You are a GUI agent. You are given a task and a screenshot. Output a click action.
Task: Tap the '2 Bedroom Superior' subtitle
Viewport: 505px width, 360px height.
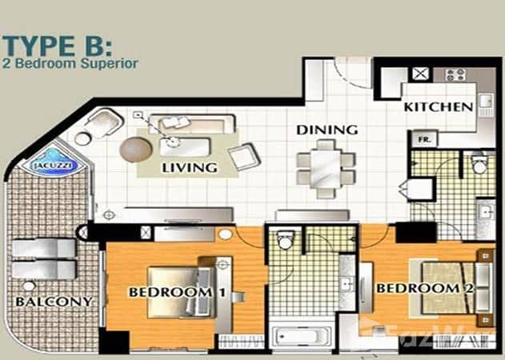pyautogui.click(x=70, y=62)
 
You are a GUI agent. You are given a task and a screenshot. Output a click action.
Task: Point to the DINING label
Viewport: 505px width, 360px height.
pyautogui.click(x=326, y=130)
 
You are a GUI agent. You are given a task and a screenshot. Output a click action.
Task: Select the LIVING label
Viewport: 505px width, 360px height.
pyautogui.click(x=190, y=168)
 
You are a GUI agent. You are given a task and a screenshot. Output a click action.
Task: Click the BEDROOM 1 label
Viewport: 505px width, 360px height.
pyautogui.click(x=170, y=292)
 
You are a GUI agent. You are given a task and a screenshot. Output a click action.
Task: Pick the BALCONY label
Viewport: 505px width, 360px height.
pyautogui.click(x=53, y=302)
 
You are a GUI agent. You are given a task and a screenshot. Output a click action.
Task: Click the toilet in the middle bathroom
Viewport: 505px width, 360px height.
pyautogui.click(x=283, y=240)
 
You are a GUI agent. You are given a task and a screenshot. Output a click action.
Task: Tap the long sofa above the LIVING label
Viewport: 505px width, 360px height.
pyautogui.click(x=195, y=124)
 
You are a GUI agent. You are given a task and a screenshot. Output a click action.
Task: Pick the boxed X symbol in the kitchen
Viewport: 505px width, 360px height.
pyautogui.click(x=419, y=74)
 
